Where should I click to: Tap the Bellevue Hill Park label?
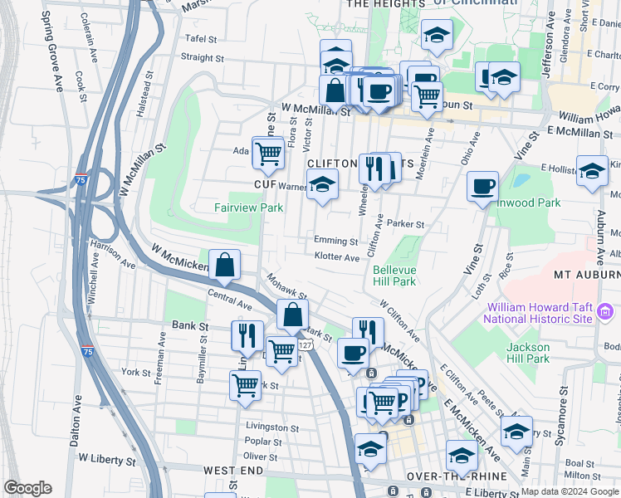coord(394,276)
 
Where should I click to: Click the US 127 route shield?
coord(306,344)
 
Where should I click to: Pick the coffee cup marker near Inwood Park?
coord(482,186)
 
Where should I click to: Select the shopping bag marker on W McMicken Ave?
coord(225,265)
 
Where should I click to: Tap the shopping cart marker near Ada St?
coord(268,152)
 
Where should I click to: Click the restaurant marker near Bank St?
coord(247,334)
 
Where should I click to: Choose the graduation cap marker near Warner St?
coord(323,184)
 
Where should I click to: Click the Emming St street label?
coord(336,241)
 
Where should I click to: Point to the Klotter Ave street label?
coord(337,257)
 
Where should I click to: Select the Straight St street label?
coord(202,58)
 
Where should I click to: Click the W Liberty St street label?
coord(106,458)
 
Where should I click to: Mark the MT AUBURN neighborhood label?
coord(586,275)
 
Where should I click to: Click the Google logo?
coord(27,488)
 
